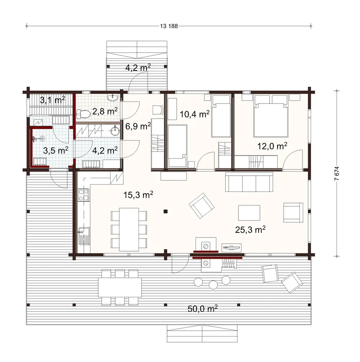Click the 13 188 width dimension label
pos(168,26)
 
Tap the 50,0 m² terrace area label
pos(203,308)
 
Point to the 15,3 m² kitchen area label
pos(139,195)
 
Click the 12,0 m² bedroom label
pos(272,146)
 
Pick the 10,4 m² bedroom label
pos(195,114)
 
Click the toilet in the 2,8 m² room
pos(84,114)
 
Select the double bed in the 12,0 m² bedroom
pos(271,116)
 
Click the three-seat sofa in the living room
pos(248,182)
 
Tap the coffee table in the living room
pos(249,213)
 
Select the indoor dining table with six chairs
pos(129,229)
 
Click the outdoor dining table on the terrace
pos(120,287)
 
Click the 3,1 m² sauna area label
pos(52,100)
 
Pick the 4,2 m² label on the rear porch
pos(138,67)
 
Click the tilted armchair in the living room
pos(202,205)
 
